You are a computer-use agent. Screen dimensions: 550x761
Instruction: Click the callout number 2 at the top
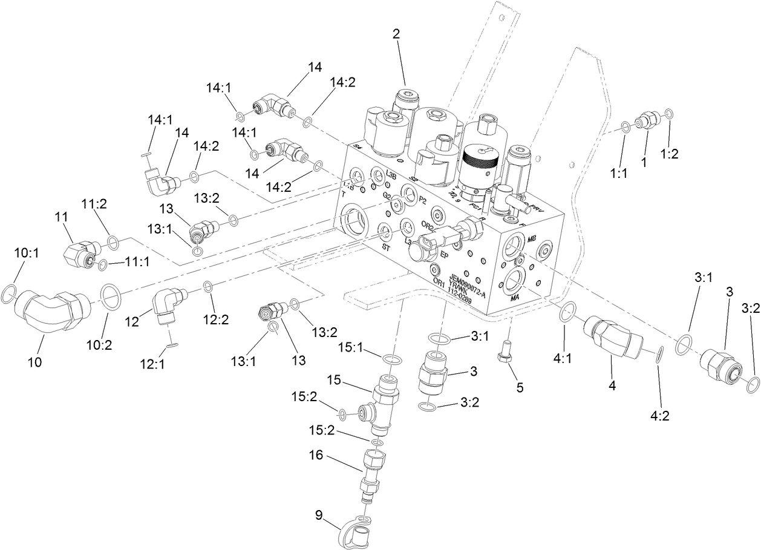pyautogui.click(x=396, y=34)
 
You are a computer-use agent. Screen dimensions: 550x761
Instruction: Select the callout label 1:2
pyautogui.click(x=670, y=154)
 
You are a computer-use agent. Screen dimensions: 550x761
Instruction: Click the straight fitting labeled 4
pyautogui.click(x=613, y=339)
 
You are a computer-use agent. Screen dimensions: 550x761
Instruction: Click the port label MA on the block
pyautogui.click(x=515, y=298)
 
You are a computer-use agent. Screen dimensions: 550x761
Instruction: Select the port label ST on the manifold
pyautogui.click(x=384, y=247)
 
